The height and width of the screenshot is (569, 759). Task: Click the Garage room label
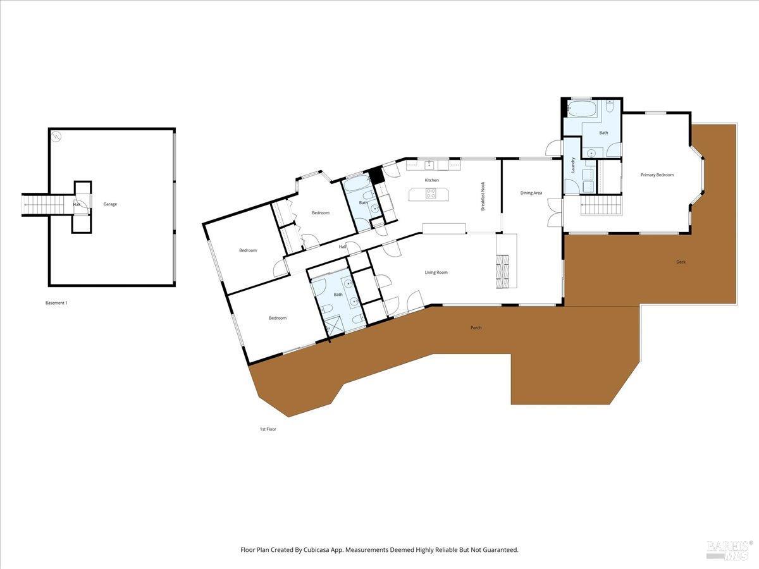(x=111, y=204)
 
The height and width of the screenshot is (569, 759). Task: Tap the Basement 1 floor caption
(x=56, y=303)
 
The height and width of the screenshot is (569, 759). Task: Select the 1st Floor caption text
(x=268, y=429)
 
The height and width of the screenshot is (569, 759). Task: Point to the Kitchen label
(x=432, y=180)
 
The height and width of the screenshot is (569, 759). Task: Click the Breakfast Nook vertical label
(x=483, y=196)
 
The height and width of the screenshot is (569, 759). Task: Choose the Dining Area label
(x=531, y=193)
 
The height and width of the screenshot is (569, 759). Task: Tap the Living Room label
(x=436, y=272)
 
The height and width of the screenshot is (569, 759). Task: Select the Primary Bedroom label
(x=657, y=175)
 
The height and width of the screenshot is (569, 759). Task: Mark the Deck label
(x=681, y=262)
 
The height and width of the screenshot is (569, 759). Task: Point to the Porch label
(x=476, y=327)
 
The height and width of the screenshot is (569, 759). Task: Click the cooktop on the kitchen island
(x=431, y=194)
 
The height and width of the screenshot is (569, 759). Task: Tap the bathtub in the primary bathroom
(x=581, y=109)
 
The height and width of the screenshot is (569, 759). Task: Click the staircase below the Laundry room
(x=601, y=205)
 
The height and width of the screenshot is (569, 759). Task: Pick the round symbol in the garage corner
(x=57, y=136)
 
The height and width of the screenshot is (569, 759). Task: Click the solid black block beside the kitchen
(x=377, y=174)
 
